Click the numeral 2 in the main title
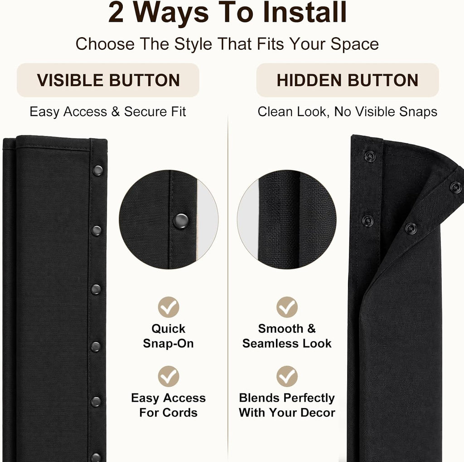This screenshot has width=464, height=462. [x=116, y=12]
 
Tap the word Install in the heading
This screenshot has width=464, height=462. [x=304, y=12]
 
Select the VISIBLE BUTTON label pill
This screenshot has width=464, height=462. [x=108, y=80]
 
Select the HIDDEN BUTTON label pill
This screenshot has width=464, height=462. [x=348, y=80]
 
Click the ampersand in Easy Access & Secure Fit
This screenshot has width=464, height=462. [x=116, y=112]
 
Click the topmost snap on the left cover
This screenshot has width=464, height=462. [x=98, y=170]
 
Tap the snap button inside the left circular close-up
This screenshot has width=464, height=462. [x=181, y=221]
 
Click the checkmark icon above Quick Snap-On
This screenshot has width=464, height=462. [x=169, y=307]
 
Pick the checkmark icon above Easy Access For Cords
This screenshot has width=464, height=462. [x=169, y=376]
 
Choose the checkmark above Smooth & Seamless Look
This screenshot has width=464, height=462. [x=287, y=307]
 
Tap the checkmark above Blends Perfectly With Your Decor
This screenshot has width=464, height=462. [x=287, y=376]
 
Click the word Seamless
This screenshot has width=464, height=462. [x=270, y=344]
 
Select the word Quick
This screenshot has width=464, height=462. [x=169, y=329]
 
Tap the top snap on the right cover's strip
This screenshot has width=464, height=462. [x=370, y=156]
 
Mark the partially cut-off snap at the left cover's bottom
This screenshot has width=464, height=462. [x=96, y=457]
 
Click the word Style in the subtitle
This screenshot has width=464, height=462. [x=193, y=44]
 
